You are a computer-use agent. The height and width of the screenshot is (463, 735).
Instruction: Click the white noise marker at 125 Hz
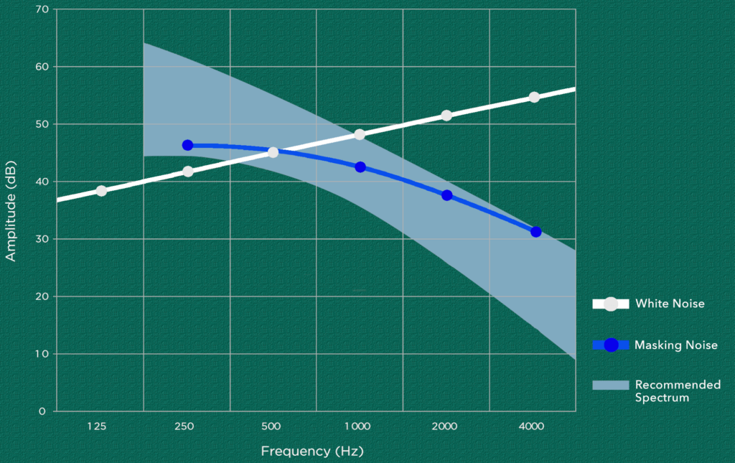coord(101,191)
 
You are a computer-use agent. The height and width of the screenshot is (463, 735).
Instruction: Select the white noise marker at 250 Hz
coord(188,172)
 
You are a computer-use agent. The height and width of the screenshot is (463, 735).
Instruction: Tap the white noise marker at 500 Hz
coord(273,152)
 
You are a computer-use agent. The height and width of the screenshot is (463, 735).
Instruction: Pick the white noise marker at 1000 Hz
coord(360,134)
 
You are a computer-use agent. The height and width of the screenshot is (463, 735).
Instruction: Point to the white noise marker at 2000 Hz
coord(446,116)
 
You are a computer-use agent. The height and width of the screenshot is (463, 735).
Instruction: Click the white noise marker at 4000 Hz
coord(534,97)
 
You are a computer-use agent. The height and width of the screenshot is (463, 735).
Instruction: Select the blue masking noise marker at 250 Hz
coord(187,145)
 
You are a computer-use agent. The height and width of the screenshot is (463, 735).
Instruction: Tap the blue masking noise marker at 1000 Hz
coord(360,167)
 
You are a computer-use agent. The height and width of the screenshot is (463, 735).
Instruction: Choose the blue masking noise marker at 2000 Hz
coord(446,195)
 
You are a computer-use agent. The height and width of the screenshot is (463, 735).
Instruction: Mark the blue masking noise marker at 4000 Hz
coord(535,231)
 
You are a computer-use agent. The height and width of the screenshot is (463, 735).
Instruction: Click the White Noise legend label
coord(670,304)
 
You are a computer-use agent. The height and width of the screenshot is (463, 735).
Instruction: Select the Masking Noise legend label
coord(676,345)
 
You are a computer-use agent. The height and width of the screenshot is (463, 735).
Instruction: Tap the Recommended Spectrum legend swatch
coord(611,385)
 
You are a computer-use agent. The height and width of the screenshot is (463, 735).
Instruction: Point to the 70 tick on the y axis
coord(42,9)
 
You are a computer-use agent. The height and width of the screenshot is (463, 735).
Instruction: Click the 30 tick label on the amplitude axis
coord(42,239)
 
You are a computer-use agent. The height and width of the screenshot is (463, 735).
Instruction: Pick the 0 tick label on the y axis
coord(42,411)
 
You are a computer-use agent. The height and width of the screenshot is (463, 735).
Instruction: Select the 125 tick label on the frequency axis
coord(97,426)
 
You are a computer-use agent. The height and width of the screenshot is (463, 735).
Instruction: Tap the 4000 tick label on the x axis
coord(532,426)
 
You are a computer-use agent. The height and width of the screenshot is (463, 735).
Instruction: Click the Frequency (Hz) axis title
coord(312,452)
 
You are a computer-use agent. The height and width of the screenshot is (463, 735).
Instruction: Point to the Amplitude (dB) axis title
coord(10,211)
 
